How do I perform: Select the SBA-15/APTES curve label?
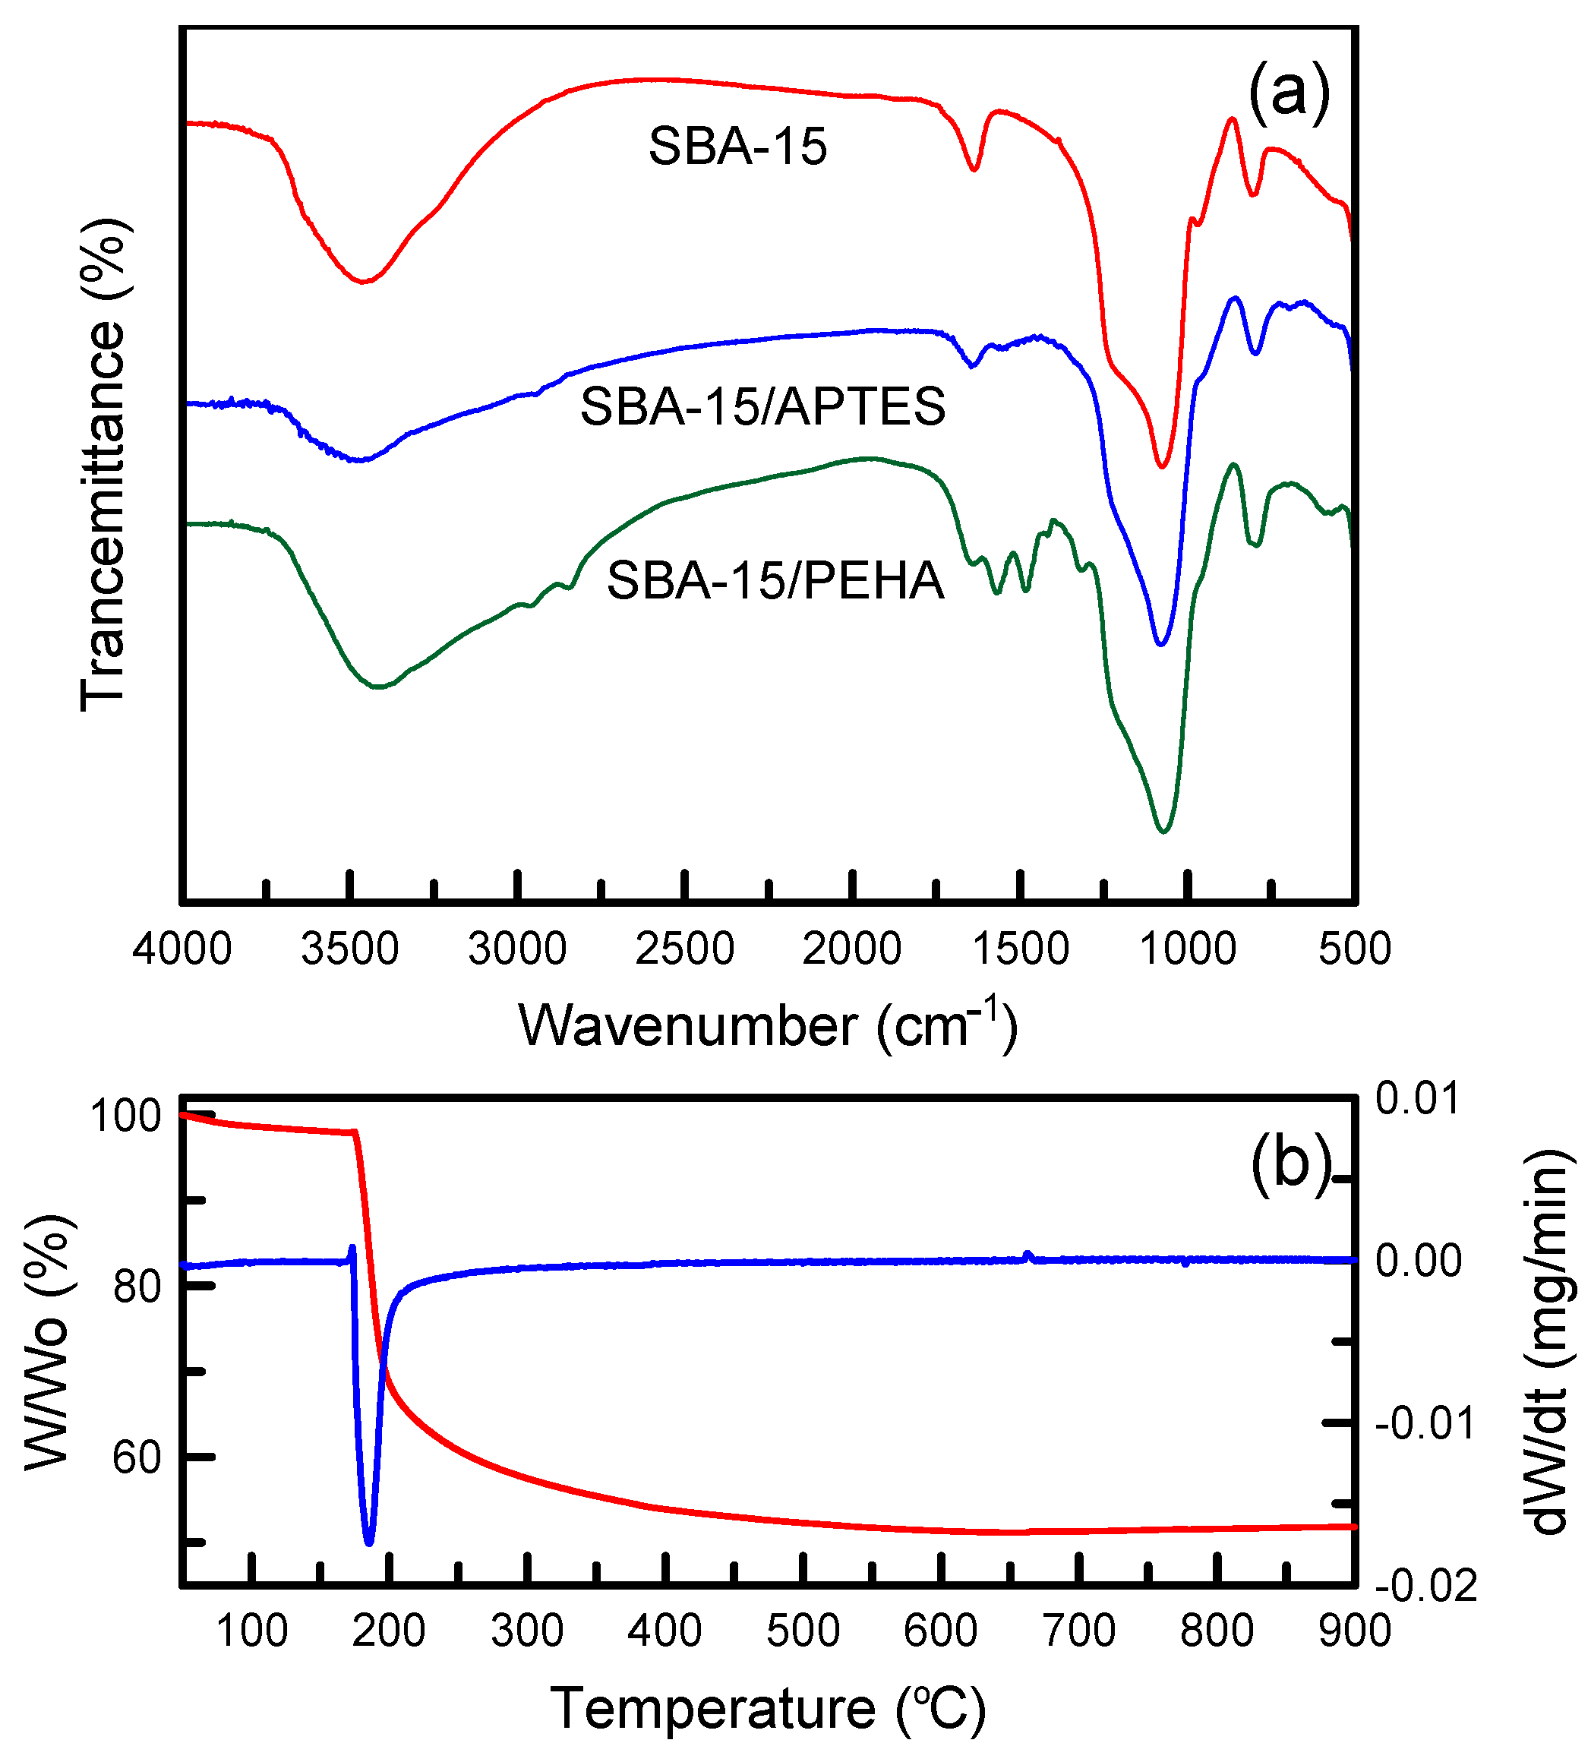pos(762,406)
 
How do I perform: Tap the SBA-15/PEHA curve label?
pos(775,579)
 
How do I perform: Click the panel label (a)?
pos(1288,93)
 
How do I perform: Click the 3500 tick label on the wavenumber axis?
pos(349,949)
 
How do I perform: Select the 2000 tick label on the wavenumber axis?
pos(851,949)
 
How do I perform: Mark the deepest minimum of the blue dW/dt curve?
pos(369,1543)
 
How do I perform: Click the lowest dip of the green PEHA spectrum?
pos(1163,831)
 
